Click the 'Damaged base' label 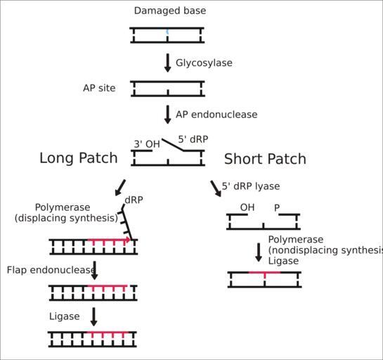click(170, 11)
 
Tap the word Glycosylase click(204, 63)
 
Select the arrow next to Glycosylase click(167, 63)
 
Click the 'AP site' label click(99, 88)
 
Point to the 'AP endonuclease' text click(216, 115)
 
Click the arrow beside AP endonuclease click(167, 115)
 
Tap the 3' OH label click(147, 144)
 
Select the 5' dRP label click(193, 139)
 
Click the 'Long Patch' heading click(79, 158)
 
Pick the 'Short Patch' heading click(265, 159)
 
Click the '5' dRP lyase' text click(251, 186)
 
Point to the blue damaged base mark click(167, 32)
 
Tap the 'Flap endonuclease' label click(51, 270)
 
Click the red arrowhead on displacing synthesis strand click(128, 240)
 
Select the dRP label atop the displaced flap click(134, 200)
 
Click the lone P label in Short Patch click(277, 207)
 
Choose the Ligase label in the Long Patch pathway click(65, 316)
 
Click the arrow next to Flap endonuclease click(95, 270)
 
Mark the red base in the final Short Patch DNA click(264, 276)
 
